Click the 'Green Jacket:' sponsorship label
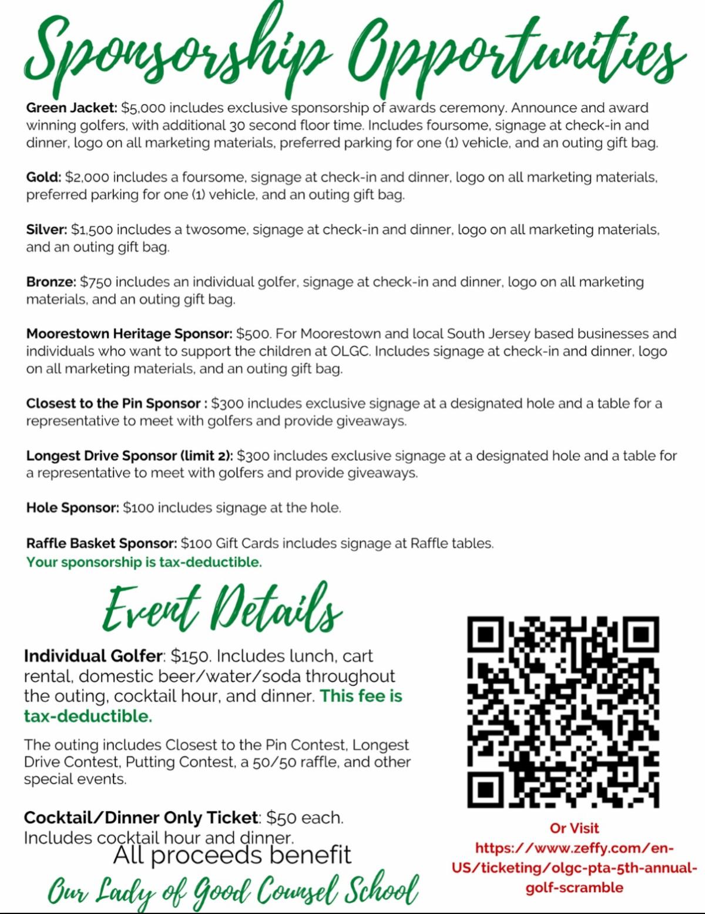pyautogui.click(x=72, y=108)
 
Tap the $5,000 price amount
pyautogui.click(x=143, y=108)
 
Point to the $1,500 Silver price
pyautogui.click(x=92, y=230)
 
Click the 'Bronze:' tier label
pyautogui.click(x=51, y=282)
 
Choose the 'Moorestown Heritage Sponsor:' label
pyautogui.click(x=129, y=334)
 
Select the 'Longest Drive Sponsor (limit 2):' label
pyautogui.click(x=129, y=456)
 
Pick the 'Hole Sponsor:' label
pyautogui.click(x=73, y=508)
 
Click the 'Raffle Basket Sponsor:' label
pyautogui.click(x=102, y=543)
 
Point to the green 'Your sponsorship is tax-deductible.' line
pyautogui.click(x=144, y=562)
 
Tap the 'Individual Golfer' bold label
pyautogui.click(x=93, y=656)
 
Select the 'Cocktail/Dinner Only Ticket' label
pyautogui.click(x=140, y=818)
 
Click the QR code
pyautogui.click(x=563, y=712)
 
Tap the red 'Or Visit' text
pyautogui.click(x=574, y=828)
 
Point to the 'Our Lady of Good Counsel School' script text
pyautogui.click(x=233, y=890)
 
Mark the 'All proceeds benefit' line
pyautogui.click(x=232, y=855)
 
